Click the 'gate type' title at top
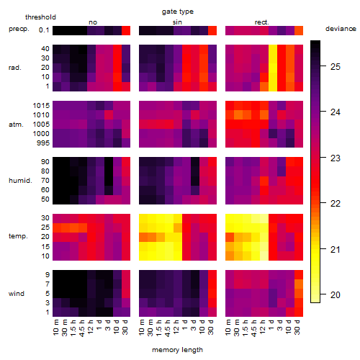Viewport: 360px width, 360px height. click(178, 12)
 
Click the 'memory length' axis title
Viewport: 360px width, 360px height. click(177, 350)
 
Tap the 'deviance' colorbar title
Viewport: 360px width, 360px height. click(341, 29)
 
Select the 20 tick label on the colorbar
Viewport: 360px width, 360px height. click(336, 294)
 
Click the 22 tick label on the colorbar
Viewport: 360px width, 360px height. click(336, 204)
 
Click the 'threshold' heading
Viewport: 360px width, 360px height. click(40, 17)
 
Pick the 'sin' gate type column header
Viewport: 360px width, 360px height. click(177, 22)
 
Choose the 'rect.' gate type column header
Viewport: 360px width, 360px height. click(261, 22)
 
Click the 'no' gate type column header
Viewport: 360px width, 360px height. click(93, 22)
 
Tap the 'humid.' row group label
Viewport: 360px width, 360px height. click(20, 181)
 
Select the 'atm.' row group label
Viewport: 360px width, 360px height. click(16, 125)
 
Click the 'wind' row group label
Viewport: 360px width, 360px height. click(17, 294)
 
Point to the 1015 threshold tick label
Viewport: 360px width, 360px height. click(41, 106)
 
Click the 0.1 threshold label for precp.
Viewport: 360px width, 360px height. click(44, 30)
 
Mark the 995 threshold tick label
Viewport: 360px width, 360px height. click(43, 143)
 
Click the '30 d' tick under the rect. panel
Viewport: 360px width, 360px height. click(297, 327)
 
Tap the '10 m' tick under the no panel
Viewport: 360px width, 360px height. click(55, 327)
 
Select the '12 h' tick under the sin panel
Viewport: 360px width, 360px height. click(176, 327)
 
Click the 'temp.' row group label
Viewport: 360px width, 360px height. click(18, 236)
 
